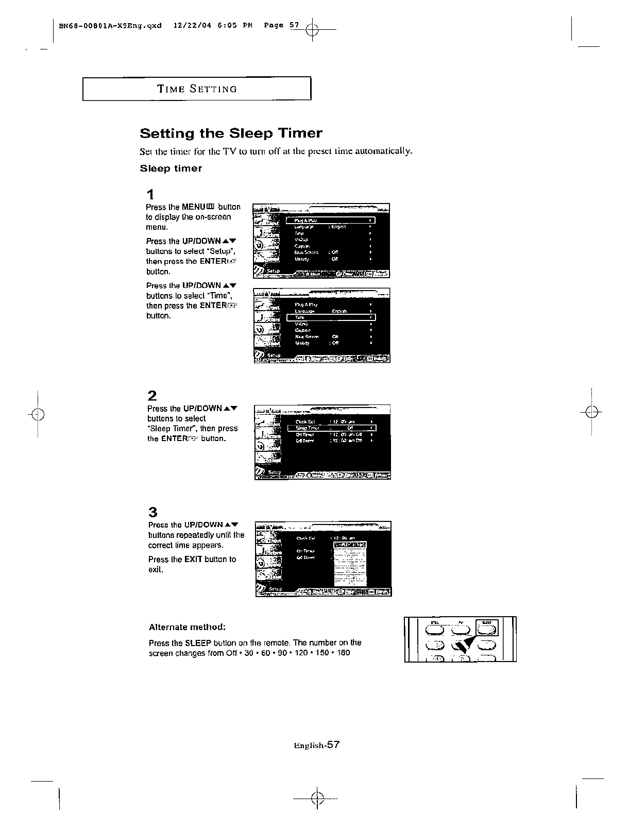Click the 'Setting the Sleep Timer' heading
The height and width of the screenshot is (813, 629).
[x=231, y=133]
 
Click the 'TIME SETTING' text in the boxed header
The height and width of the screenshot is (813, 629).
[x=197, y=89]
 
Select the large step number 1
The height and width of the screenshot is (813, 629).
[x=150, y=195]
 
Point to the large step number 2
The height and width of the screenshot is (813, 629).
[x=152, y=396]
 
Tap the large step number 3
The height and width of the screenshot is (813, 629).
[x=152, y=512]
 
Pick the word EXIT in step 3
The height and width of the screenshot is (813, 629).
[x=193, y=560]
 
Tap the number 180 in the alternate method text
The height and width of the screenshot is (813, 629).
[x=343, y=653]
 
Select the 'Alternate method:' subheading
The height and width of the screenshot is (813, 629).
[x=187, y=627]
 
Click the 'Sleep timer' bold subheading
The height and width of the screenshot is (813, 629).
[x=171, y=168]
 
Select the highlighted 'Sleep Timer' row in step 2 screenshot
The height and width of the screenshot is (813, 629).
[x=331, y=428]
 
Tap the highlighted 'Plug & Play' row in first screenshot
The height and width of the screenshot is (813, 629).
[x=330, y=221]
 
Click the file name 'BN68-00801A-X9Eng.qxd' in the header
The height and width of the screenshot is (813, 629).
[x=110, y=25]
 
